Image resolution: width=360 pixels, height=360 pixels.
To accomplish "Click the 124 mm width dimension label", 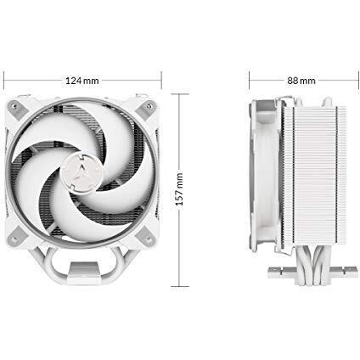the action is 82,81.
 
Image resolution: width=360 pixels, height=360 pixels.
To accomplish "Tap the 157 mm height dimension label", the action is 179,188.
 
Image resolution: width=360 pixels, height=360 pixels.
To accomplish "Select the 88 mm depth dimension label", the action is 301,81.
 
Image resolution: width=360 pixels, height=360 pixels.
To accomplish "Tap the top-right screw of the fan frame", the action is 149,106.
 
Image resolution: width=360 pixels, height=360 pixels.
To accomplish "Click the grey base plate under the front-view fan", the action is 83,267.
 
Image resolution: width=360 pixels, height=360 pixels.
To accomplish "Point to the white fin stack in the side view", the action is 320,176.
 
